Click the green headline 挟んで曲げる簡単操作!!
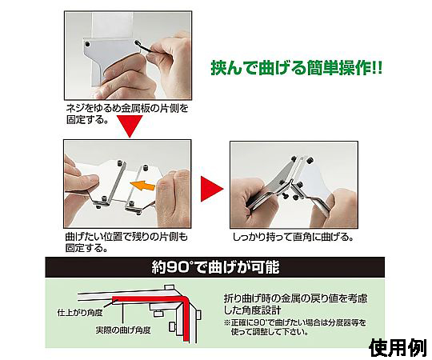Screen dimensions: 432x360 click(297, 68)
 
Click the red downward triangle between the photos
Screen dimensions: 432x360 click(130, 126)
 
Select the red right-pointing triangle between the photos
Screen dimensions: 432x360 click(211, 189)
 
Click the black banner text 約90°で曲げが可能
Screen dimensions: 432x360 click(215, 267)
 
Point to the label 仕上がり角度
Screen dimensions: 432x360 click(80, 313)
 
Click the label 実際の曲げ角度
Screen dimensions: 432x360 click(123, 330)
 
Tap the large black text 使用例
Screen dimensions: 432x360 click(398, 348)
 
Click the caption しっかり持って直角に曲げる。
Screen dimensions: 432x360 click(294, 237)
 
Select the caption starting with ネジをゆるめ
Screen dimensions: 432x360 click(127, 114)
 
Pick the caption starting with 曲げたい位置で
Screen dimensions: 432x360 click(126, 242)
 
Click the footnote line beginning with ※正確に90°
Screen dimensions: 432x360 click(296, 322)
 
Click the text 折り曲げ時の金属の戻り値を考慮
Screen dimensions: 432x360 click(295, 298)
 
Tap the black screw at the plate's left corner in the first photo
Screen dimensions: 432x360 click(88, 44)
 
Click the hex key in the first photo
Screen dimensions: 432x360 click(143, 47)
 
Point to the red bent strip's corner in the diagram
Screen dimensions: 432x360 click(186, 299)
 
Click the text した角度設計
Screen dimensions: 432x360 click(252, 310)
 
